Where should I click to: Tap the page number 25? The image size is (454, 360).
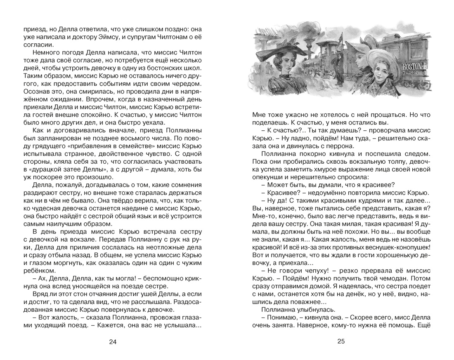(x=340, y=341)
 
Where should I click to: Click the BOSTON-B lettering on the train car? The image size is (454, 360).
(x=413, y=66)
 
